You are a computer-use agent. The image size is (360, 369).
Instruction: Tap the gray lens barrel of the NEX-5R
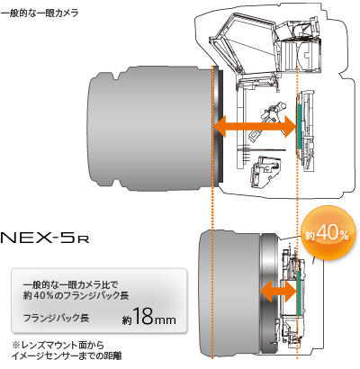[x=216, y=288]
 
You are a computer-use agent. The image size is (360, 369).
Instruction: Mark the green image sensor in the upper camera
[x=298, y=128]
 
